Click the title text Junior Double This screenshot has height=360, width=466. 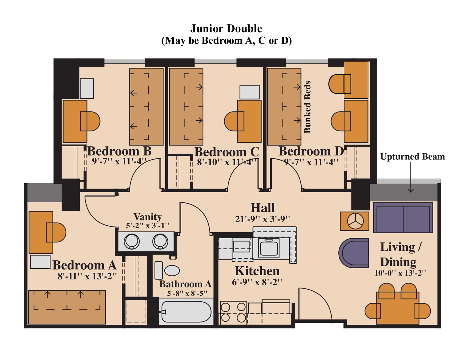226,29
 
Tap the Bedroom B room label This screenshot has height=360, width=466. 119,151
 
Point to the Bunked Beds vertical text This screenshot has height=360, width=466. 307,107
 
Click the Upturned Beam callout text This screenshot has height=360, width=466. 412,157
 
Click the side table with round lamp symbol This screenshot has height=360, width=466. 355,221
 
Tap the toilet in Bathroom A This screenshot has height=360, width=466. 172,270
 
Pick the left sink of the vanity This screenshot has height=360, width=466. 132,241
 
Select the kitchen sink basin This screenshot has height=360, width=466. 269,248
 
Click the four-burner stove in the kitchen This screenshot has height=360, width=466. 234,312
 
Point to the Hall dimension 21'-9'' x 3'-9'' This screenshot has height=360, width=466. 262,219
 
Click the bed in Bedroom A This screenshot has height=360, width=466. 67,307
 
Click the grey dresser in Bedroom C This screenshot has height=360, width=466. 250,92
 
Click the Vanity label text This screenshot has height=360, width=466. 147,217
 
